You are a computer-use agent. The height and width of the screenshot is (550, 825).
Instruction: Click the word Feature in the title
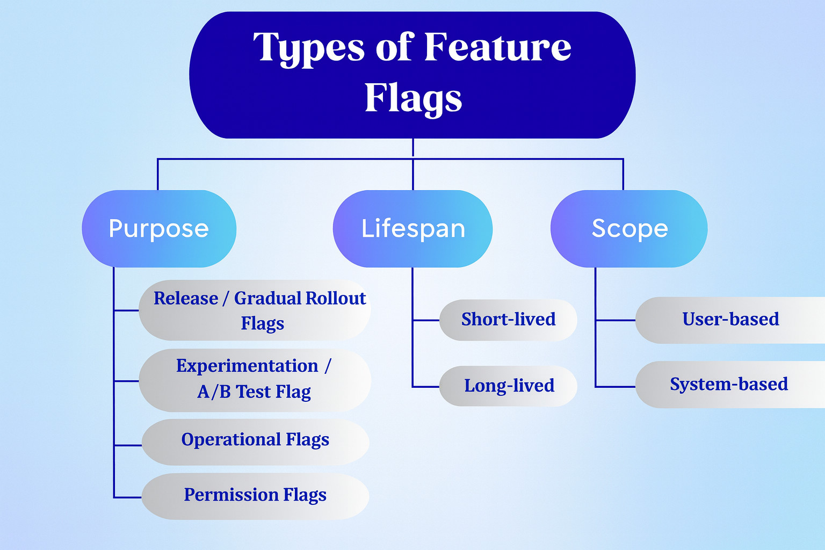(497, 48)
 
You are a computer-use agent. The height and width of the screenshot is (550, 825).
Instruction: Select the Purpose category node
(158, 229)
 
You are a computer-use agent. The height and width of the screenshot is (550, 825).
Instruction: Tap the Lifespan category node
(412, 229)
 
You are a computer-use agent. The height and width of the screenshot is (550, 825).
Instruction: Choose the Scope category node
(629, 229)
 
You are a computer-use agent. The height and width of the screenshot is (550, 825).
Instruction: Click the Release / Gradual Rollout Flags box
(255, 310)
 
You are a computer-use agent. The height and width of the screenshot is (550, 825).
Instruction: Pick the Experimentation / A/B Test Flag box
(255, 380)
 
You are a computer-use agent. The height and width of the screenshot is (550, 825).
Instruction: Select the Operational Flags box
(255, 442)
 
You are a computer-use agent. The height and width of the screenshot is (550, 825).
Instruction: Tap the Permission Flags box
(255, 496)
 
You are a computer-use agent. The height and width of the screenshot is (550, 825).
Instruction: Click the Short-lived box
(508, 320)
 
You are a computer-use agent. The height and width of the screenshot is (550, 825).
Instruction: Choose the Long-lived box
(508, 386)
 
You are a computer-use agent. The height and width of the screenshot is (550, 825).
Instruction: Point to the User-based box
(730, 320)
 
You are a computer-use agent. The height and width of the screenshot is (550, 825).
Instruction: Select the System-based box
(729, 385)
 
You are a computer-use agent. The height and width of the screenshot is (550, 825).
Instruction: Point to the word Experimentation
(247, 366)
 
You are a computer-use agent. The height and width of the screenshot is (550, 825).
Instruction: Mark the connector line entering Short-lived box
(426, 320)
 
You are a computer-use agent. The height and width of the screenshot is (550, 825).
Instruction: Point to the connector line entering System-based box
(616, 387)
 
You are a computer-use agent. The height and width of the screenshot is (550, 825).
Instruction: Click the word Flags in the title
(413, 98)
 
